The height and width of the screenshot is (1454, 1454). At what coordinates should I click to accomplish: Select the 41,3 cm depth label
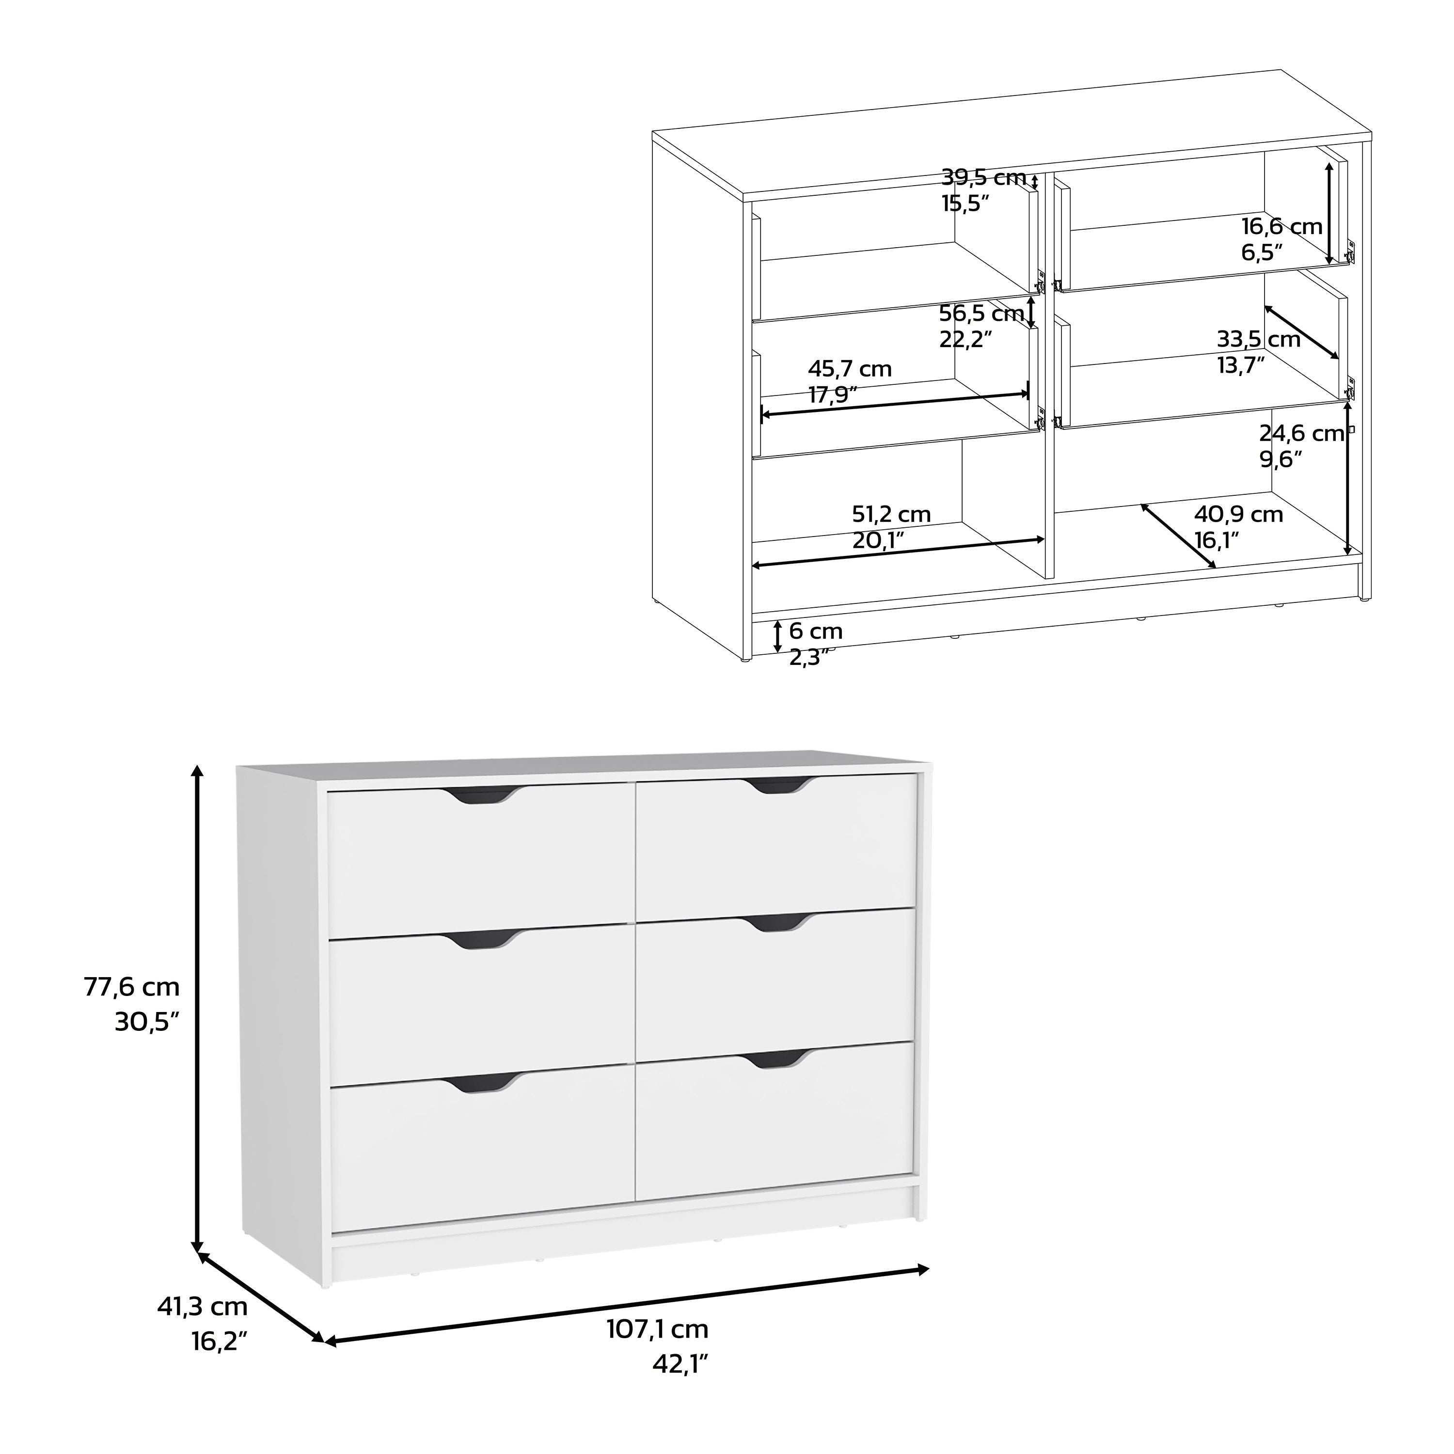point(202,1307)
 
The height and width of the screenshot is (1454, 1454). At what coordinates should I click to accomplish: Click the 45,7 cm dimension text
point(850,369)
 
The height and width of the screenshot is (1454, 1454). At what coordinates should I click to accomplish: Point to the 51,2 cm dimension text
point(891,515)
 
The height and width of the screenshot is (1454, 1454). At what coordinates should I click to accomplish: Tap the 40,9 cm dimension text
point(1239,515)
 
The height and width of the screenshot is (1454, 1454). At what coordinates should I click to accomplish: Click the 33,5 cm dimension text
point(1258,339)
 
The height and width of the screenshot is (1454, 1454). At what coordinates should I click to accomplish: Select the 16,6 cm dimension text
point(1281,226)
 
